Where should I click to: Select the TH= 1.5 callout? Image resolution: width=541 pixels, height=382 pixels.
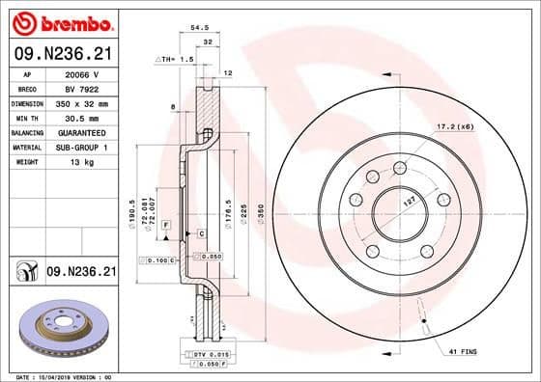coord(177,59)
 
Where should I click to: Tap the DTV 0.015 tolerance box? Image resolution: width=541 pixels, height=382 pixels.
coord(195,357)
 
